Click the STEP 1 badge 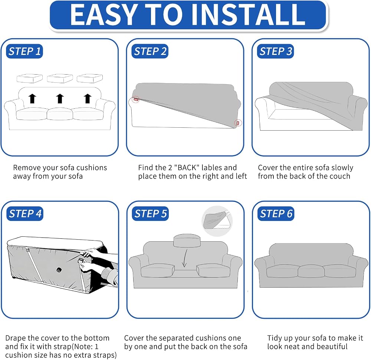pyautogui.click(x=24, y=51)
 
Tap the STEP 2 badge pyautogui.click(x=150, y=51)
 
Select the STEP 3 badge pyautogui.click(x=275, y=51)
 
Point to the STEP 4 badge pyautogui.click(x=25, y=213)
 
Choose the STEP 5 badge pyautogui.click(x=150, y=213)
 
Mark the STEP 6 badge pyautogui.click(x=276, y=213)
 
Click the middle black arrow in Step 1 pyautogui.click(x=60, y=98)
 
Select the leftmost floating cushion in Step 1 pyautogui.click(x=30, y=78)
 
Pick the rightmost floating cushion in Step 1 pyautogui.click(x=90, y=78)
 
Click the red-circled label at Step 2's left pyautogui.click(x=136, y=99)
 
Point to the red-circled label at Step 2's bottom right pyautogui.click(x=238, y=123)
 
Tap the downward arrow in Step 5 pyautogui.click(x=184, y=258)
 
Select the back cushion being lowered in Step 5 pyautogui.click(x=187, y=241)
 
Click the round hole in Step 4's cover pyautogui.click(x=59, y=270)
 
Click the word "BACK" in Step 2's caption pyautogui.click(x=187, y=168)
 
